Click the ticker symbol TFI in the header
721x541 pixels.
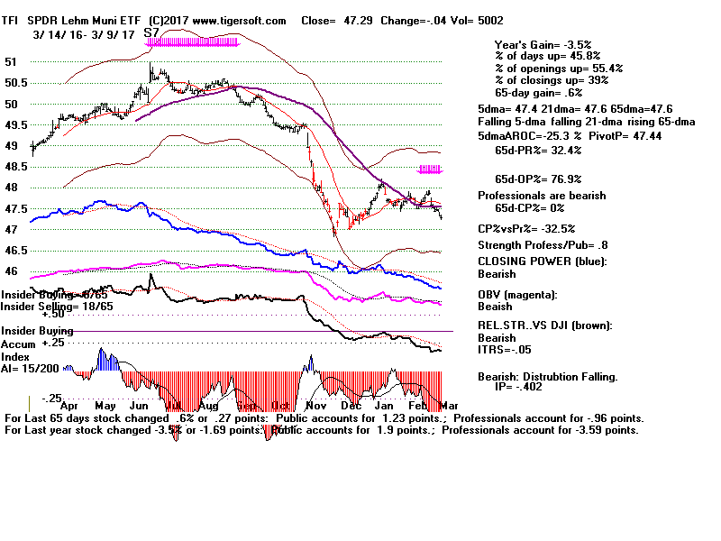coord(12,20)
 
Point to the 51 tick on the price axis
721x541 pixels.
coord(12,61)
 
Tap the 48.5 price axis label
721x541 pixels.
coord(15,167)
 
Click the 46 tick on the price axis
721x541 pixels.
coord(12,271)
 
